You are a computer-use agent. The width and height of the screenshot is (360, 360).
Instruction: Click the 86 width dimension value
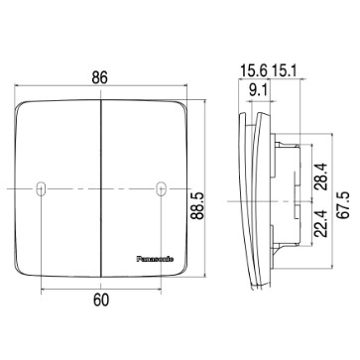tap(99, 77)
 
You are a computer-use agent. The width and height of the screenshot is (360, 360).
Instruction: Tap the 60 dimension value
tap(101, 300)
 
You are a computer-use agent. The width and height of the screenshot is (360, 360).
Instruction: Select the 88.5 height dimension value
tap(198, 206)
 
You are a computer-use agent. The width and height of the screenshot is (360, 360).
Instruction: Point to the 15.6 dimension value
tap(254, 70)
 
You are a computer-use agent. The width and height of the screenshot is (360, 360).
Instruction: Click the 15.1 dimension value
tap(285, 70)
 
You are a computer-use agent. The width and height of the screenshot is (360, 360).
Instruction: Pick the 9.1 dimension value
tap(260, 90)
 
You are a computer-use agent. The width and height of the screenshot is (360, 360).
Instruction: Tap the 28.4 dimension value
tap(320, 177)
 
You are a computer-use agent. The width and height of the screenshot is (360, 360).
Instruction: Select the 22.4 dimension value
tap(320, 224)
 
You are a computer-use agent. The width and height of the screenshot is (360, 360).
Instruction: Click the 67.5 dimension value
tap(343, 205)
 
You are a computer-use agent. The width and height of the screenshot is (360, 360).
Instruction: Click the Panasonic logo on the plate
tap(155, 259)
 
